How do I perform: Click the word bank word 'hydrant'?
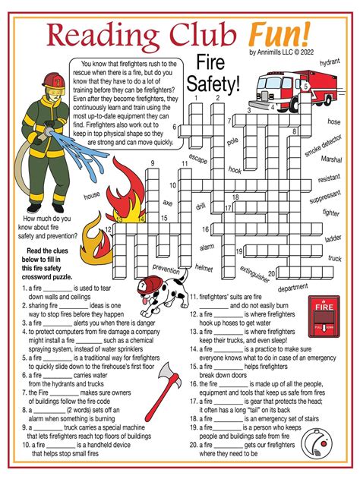pyautogui.click(x=329, y=63)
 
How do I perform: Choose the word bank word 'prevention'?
pyautogui.click(x=166, y=268)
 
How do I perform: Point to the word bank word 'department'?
pyautogui.click(x=292, y=288)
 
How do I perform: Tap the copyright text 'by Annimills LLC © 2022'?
pyautogui.click(x=280, y=52)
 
